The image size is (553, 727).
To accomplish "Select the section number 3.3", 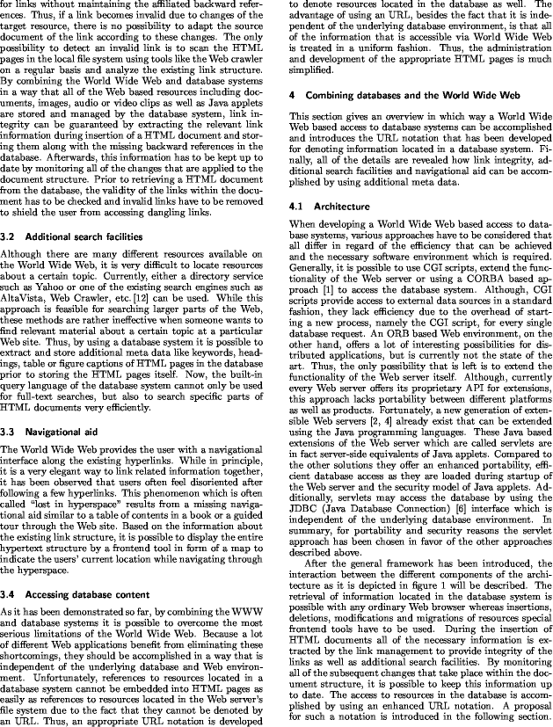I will tap(11, 433).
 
